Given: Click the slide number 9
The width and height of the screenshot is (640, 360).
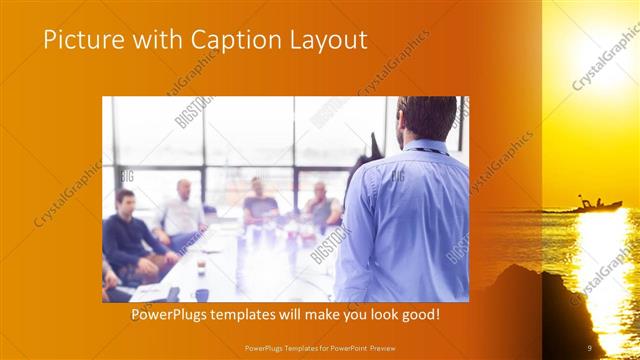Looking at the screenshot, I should pos(589,348).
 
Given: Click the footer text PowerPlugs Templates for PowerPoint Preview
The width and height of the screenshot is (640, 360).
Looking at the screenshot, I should pos(320,348).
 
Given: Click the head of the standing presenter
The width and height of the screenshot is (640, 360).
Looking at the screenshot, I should pos(412,118).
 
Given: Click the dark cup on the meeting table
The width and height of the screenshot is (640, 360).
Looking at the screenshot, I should pos(202,294).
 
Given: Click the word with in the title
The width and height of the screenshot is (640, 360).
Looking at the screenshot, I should pos(148,39).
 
